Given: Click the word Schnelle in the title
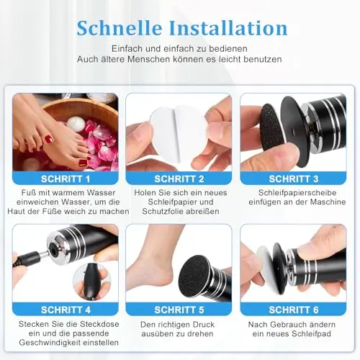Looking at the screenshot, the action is (120, 28).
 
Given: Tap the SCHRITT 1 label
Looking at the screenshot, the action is (66, 179).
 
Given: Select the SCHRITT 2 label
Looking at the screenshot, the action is (179, 179).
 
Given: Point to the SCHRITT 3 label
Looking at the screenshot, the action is (294, 179).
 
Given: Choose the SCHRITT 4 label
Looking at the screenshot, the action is (66, 310).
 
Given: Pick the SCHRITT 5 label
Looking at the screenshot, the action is (179, 310).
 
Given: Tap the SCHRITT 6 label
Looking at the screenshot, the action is (294, 310).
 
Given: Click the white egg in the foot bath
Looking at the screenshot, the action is (76, 124).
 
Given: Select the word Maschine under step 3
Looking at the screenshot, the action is (328, 202).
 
